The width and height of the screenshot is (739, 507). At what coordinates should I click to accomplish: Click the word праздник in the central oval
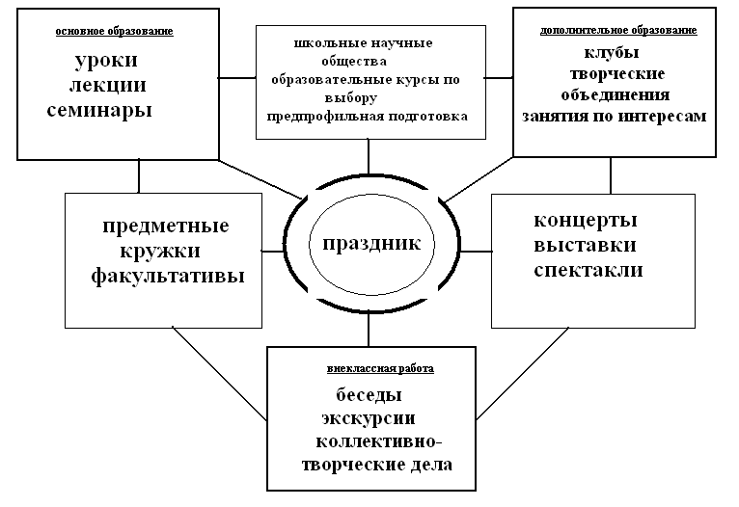coord(370,243)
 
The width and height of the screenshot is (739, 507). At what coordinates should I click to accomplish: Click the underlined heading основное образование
coord(115,32)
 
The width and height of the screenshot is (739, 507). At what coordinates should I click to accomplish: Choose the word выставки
coord(587,245)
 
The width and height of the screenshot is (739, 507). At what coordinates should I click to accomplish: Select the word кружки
coord(161,252)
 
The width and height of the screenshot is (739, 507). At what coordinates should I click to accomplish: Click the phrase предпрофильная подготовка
coord(368,116)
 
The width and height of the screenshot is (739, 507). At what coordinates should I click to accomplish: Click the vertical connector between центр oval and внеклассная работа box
coord(369,330)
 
